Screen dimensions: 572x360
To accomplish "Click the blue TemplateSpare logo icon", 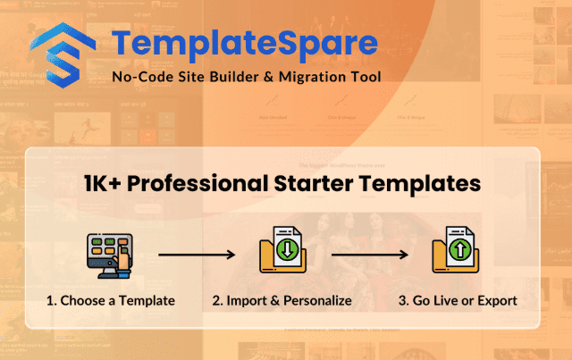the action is tap(63, 55).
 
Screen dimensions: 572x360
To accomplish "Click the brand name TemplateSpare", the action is tap(245, 44).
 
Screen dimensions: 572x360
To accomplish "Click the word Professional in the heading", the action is tap(198, 183).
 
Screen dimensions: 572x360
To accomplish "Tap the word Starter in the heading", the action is tap(314, 183).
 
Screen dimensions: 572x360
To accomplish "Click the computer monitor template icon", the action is tap(110, 255).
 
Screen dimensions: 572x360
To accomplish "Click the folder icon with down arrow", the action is tap(282, 250).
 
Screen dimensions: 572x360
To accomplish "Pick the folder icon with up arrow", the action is tap(456, 250).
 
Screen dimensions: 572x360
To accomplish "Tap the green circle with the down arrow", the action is tap(288, 250).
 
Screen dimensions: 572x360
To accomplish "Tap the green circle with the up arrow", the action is tap(460, 250).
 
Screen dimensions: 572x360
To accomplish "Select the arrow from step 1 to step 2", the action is tap(197, 255).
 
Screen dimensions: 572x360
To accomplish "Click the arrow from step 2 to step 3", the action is tap(369, 255).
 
